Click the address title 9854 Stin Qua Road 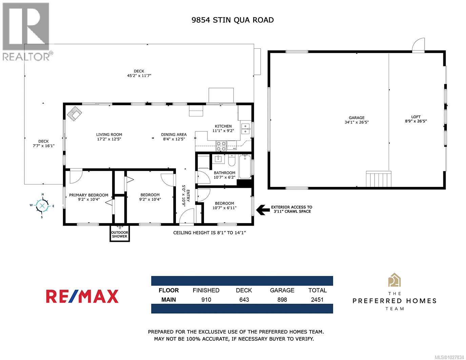click(232, 20)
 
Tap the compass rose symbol click(42, 206)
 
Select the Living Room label click(109, 134)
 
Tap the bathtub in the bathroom click(245, 166)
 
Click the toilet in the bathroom click(232, 161)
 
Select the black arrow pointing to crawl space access click(261, 210)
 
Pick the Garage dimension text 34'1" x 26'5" click(356, 122)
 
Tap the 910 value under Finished click(206, 299)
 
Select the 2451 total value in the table click(317, 299)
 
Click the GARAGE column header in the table click(282, 290)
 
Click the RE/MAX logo click(82, 296)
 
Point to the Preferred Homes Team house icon click(394, 280)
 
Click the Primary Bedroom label click(88, 195)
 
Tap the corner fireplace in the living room click(75, 113)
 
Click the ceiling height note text click(209, 233)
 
